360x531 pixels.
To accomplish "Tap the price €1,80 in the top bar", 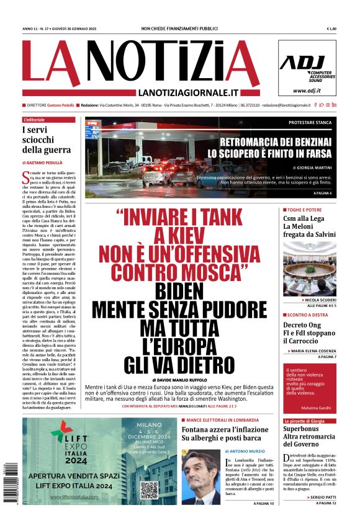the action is point(331,29).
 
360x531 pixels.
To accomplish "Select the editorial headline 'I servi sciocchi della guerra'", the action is point(47,140).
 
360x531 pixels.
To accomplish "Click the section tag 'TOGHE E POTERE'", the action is point(306,210).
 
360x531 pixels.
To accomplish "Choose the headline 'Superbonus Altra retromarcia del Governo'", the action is point(308,436).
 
